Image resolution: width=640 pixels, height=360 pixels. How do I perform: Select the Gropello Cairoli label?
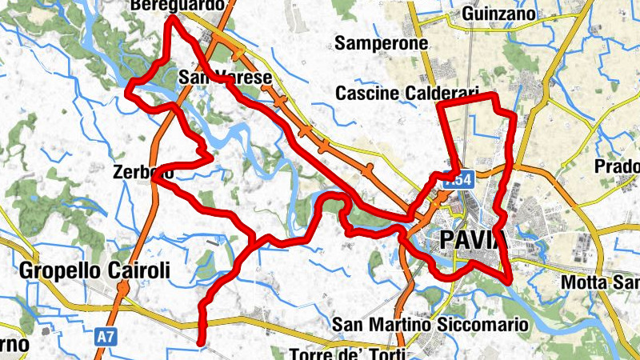(x=94, y=270)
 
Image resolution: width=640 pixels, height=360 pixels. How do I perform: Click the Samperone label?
(x=382, y=43)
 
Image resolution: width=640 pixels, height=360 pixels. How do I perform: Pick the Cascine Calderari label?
(x=406, y=94)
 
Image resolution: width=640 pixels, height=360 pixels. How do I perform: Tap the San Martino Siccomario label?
(x=431, y=325)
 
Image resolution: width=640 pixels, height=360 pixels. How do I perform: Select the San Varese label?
(x=226, y=78)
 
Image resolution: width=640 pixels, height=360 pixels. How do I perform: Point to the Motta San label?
(x=600, y=282)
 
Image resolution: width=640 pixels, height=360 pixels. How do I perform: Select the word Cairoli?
(x=136, y=270)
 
